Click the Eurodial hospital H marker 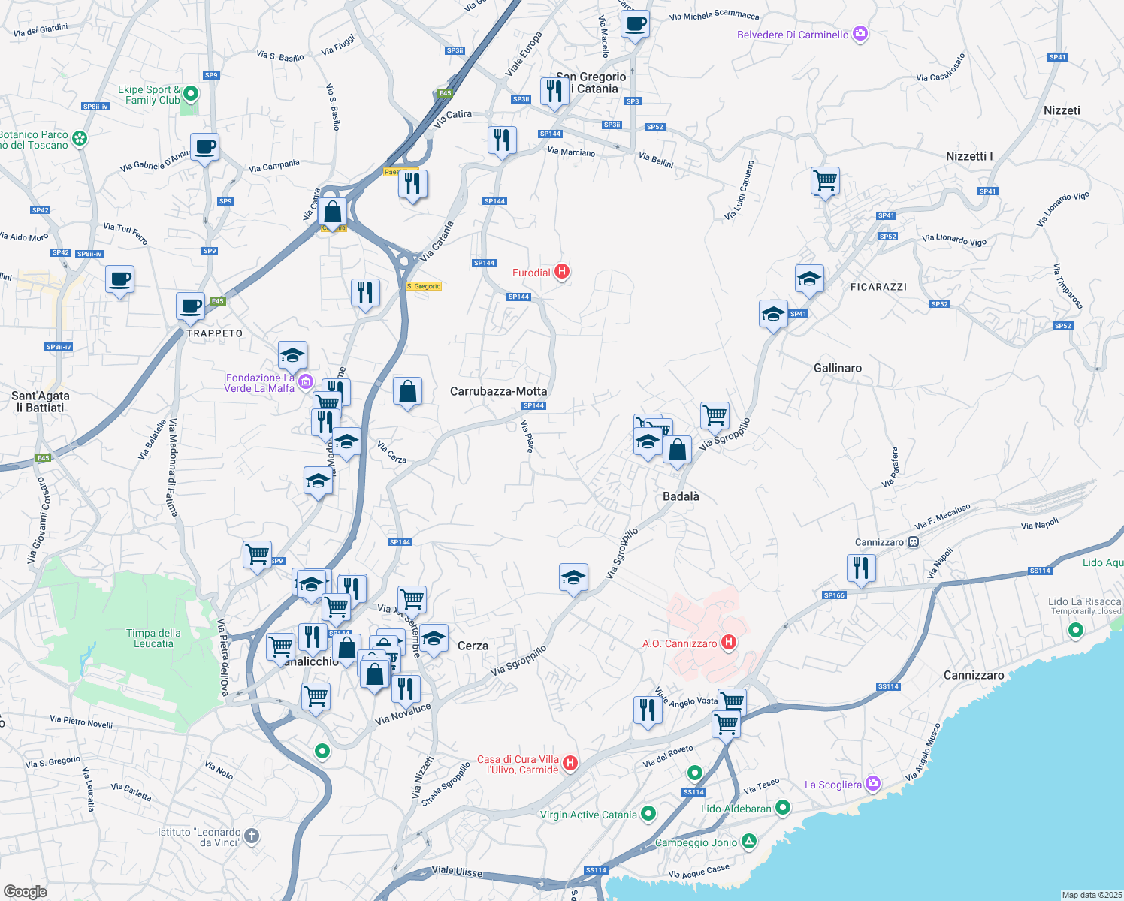pos(561,272)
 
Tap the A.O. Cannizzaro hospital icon pos(727,643)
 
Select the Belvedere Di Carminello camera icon pos(860,34)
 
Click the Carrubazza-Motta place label pos(498,391)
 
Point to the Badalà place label pos(681,496)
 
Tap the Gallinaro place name pos(837,368)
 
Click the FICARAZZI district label pos(878,287)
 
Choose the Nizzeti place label pos(1061,110)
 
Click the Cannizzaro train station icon pos(913,541)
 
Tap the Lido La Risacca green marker pos(1075,630)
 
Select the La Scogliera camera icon pos(872,784)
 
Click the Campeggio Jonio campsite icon pos(748,842)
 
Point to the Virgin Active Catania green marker pos(648,814)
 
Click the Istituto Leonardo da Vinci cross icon pos(252,836)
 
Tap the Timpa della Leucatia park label pos(153,638)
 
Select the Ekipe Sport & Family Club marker pos(191,94)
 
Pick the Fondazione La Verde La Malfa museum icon pos(305,382)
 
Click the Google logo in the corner pos(25,891)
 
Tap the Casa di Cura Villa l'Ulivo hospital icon pos(570,764)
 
